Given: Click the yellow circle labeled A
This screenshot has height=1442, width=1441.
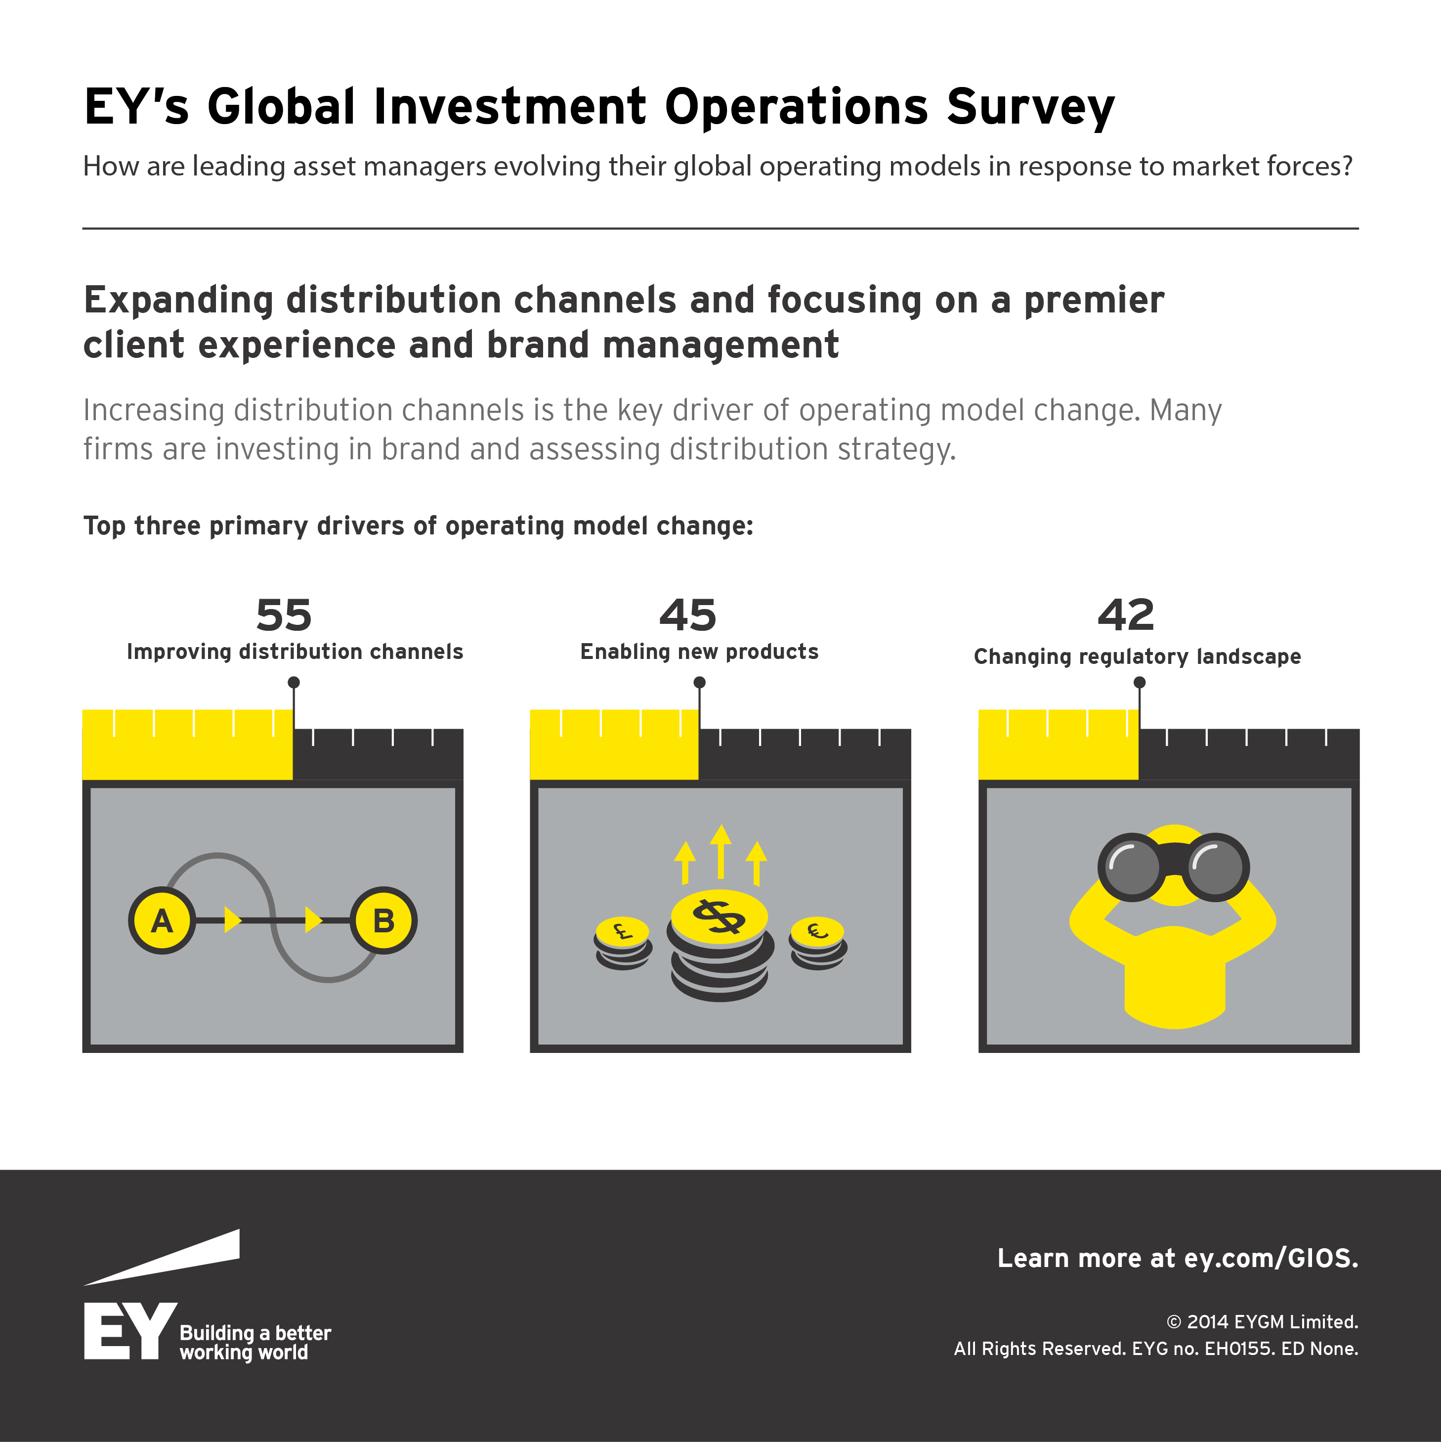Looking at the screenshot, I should (162, 920).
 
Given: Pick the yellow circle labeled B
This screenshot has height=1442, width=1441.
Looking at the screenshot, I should (383, 920).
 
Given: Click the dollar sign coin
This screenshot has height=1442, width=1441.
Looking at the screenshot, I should (719, 916).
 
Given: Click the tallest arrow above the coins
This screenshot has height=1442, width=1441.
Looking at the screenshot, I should (720, 851).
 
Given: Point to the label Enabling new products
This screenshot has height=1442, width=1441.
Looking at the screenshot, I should (699, 652).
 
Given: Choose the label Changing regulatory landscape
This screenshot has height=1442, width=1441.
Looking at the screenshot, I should (1137, 657).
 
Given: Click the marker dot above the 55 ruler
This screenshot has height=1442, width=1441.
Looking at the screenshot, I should (294, 682).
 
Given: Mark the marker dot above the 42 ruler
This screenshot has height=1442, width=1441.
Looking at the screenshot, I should (1140, 682).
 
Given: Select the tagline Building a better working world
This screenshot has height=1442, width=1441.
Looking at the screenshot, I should (254, 1343).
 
